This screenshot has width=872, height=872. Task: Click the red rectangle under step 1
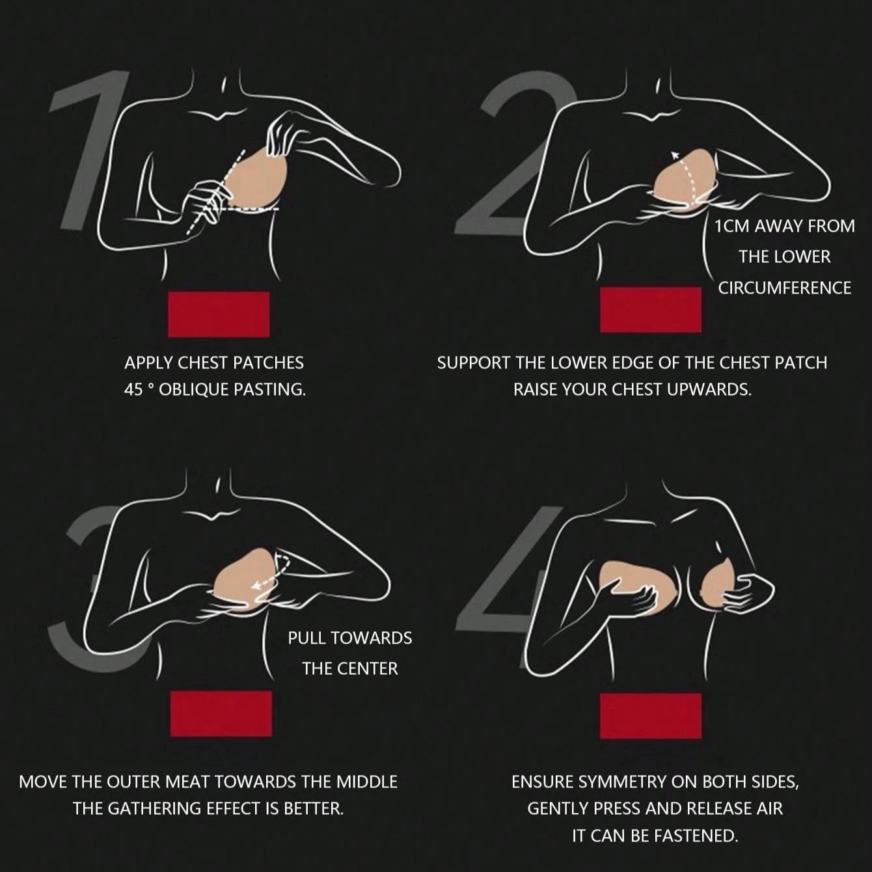pos(219,314)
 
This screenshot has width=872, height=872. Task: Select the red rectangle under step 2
pos(651,310)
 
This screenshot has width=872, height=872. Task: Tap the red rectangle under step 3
pos(221,714)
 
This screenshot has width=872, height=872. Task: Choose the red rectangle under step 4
pos(651,716)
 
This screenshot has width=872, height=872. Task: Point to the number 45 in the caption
pos(133,390)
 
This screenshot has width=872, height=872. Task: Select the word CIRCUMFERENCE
pos(785,288)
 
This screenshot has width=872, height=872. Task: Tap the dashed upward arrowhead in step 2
pos(675,156)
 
